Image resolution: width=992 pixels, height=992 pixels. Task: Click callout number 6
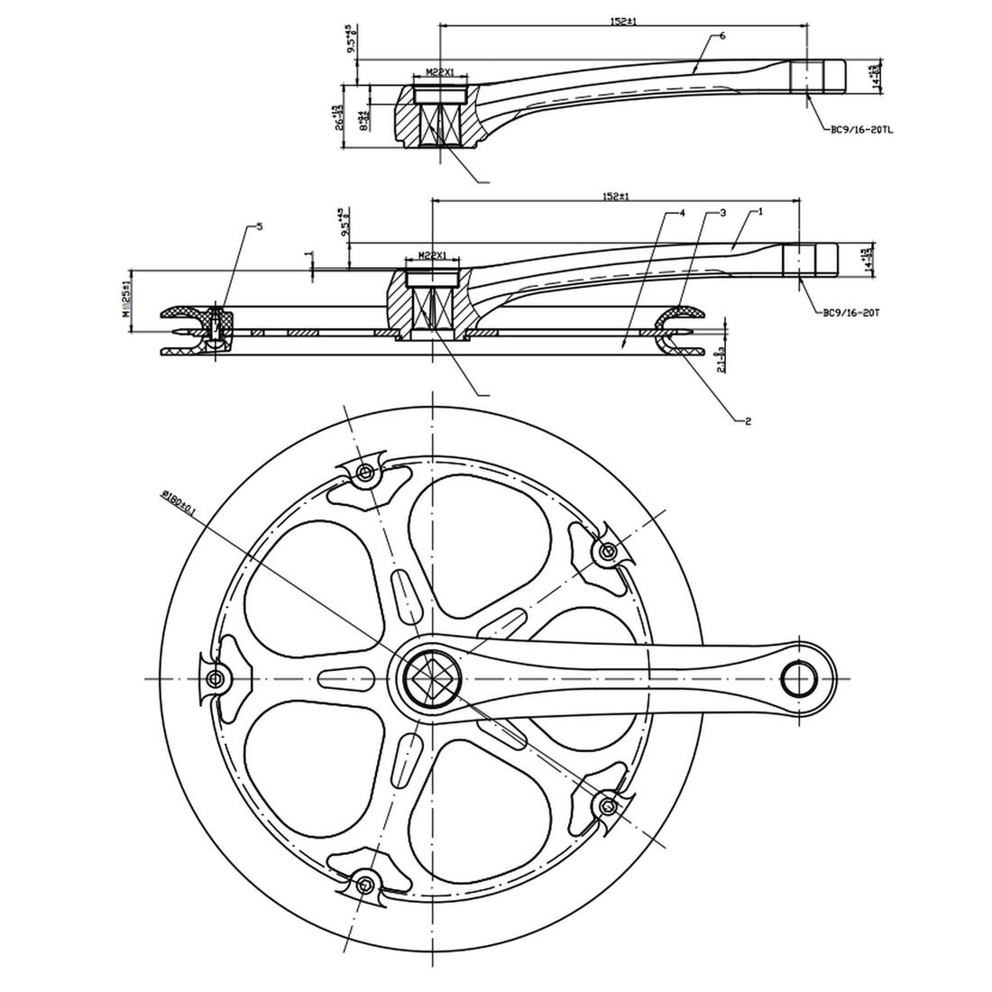click(x=723, y=35)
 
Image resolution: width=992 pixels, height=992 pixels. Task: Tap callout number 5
click(x=260, y=226)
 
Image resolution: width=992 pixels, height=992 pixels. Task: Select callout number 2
click(x=748, y=420)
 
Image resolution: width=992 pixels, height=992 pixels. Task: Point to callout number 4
click(x=683, y=213)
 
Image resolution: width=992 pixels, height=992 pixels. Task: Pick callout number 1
click(x=761, y=211)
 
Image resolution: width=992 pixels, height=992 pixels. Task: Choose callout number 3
click(x=722, y=213)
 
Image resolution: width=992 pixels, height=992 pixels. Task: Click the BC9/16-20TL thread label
click(x=861, y=130)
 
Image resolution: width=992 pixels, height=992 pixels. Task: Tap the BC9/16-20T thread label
click(x=850, y=313)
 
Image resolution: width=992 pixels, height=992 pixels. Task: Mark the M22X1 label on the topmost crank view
click(x=440, y=73)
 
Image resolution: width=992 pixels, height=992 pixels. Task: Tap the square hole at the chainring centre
click(x=433, y=677)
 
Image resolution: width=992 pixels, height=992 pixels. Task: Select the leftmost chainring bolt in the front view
click(x=215, y=678)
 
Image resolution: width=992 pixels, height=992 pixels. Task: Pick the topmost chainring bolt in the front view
click(x=364, y=473)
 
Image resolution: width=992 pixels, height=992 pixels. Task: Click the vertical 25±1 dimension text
click(x=127, y=298)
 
